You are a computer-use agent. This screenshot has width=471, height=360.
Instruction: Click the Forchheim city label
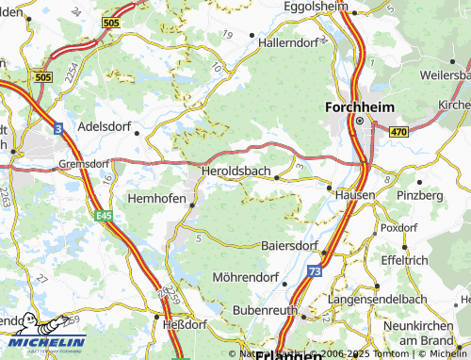358,106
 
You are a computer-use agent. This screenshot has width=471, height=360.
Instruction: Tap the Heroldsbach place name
235,171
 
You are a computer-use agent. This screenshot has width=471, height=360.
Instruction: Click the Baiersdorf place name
289,245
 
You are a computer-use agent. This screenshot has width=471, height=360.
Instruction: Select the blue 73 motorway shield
313,270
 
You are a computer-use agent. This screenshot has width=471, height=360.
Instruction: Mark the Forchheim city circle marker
359,121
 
